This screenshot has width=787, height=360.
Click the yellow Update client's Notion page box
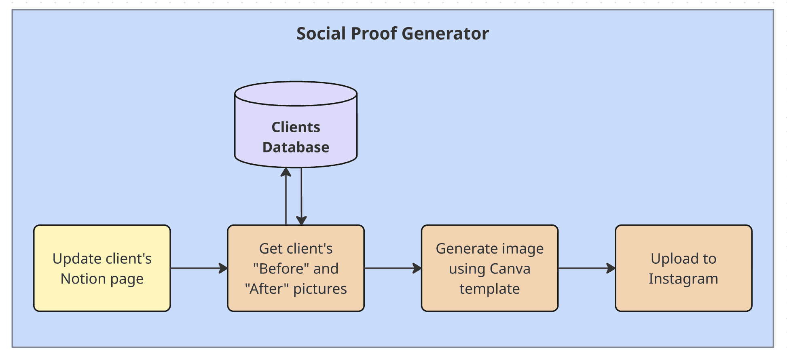tap(102, 268)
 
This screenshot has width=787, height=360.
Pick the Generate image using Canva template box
tap(489, 268)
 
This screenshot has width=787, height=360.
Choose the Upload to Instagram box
tap(683, 268)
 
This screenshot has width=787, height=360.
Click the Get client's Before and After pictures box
tap(296, 268)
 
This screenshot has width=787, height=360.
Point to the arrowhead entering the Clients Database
tap(286, 172)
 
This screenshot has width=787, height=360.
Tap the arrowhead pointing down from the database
tap(301, 220)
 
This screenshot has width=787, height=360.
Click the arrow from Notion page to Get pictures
tap(198, 268)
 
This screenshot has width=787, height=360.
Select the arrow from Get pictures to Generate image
tap(392, 268)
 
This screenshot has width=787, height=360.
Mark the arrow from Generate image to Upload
tap(586, 268)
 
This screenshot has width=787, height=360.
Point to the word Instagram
tap(683, 279)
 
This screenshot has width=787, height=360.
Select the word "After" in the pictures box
tap(267, 289)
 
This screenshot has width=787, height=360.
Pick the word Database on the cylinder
tap(296, 147)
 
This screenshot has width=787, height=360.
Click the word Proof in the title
tap(374, 34)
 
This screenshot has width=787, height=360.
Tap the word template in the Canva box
tap(489, 289)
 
